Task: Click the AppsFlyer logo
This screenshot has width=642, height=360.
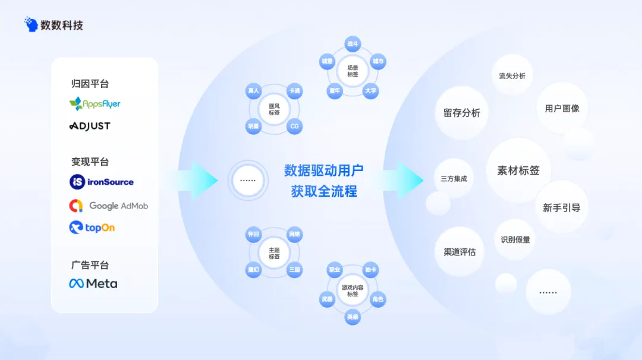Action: point(95,104)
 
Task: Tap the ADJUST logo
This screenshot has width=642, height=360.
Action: point(90,126)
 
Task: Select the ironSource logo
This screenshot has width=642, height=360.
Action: point(102,182)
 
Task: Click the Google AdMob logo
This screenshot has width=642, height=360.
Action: point(108,206)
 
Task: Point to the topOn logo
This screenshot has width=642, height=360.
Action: point(92,228)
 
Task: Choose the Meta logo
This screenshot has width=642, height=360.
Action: point(93,283)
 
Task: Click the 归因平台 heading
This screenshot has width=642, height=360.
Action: point(90,84)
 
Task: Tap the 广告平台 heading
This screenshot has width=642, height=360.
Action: point(90,265)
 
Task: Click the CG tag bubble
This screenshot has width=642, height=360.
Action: point(294,127)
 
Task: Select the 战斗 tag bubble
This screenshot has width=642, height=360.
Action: point(353,44)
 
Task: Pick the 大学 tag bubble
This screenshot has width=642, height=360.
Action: point(371,91)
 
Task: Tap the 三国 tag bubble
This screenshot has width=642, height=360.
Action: point(294,270)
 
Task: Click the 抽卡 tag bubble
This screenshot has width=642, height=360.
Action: point(370,270)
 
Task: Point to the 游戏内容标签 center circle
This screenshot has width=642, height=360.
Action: point(353,290)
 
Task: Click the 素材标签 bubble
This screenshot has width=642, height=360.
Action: point(518,170)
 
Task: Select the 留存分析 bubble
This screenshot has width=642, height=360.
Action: point(462,113)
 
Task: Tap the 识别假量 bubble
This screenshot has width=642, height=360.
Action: point(515,239)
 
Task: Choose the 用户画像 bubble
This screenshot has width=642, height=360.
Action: point(562,108)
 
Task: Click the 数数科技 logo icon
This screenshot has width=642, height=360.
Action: point(31,24)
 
